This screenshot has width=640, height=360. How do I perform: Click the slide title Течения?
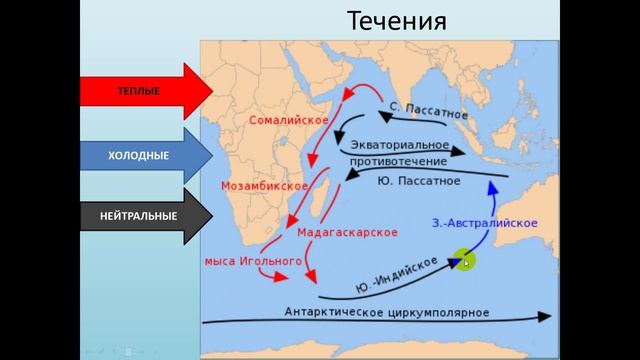[x=397, y=21]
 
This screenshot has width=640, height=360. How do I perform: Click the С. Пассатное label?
[x=429, y=110]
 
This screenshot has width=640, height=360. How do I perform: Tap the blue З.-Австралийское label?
[x=486, y=222]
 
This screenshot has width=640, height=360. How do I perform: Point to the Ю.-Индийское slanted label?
[x=397, y=273]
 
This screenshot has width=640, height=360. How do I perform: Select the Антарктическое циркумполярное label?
[x=388, y=311]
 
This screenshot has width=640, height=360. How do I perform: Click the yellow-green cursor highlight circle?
[x=464, y=262]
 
